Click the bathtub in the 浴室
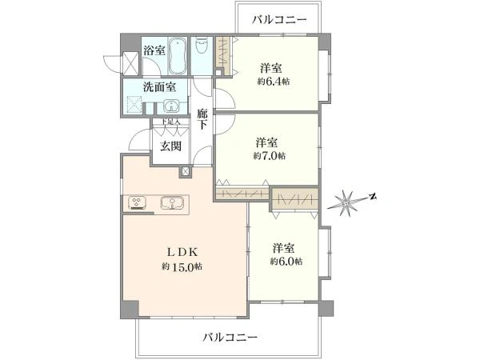point(178,56)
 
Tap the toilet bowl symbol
point(202,45)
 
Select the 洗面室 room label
point(159,87)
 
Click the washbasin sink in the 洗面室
point(171,106)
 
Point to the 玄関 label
point(170,146)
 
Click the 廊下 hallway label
point(202,119)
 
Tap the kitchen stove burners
point(137,203)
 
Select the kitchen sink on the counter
point(172,202)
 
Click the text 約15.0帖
point(182,266)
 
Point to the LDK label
point(182,252)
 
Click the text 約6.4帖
point(274,82)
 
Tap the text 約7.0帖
point(270,156)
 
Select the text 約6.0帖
point(286,261)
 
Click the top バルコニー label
point(279,19)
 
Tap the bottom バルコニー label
point(230,338)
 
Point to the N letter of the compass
point(373,197)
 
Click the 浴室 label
point(154,50)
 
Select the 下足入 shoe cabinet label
point(170,122)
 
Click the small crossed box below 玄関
point(185,172)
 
